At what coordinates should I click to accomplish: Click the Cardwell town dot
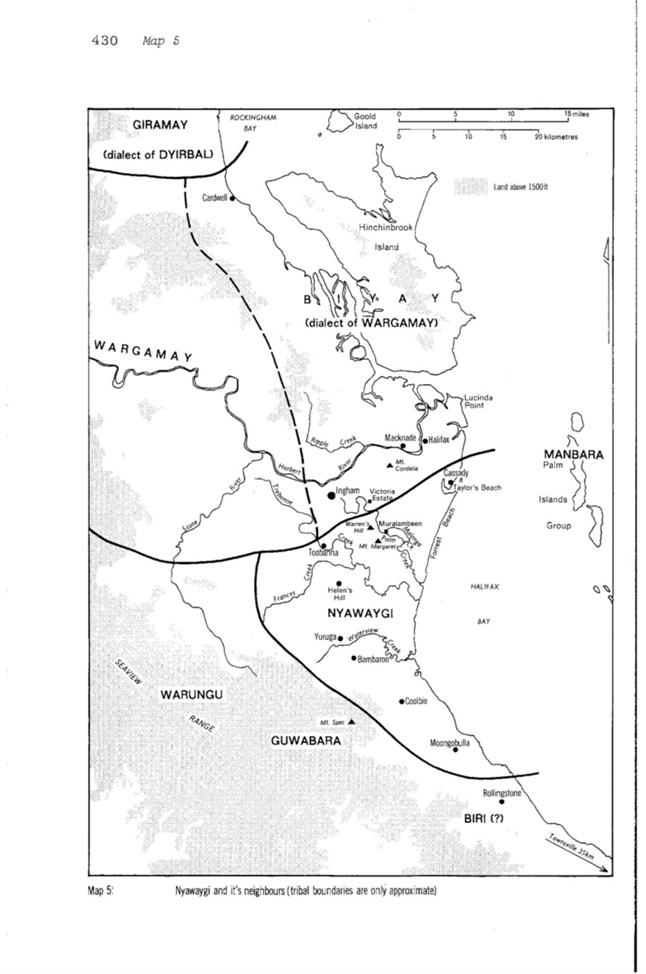(232, 198)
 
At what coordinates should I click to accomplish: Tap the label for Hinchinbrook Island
(386, 237)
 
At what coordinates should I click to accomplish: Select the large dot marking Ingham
(332, 495)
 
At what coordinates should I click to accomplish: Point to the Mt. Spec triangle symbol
(351, 721)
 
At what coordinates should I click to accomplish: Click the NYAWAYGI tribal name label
(360, 614)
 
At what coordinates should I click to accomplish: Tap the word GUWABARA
(306, 740)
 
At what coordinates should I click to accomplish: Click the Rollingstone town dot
(502, 802)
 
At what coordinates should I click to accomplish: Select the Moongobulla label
(451, 742)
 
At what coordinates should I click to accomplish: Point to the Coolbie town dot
(401, 701)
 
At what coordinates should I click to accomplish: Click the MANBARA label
(571, 454)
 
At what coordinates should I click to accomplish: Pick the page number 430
(105, 41)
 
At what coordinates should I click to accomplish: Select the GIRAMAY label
(160, 125)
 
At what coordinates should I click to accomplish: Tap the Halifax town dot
(425, 440)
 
